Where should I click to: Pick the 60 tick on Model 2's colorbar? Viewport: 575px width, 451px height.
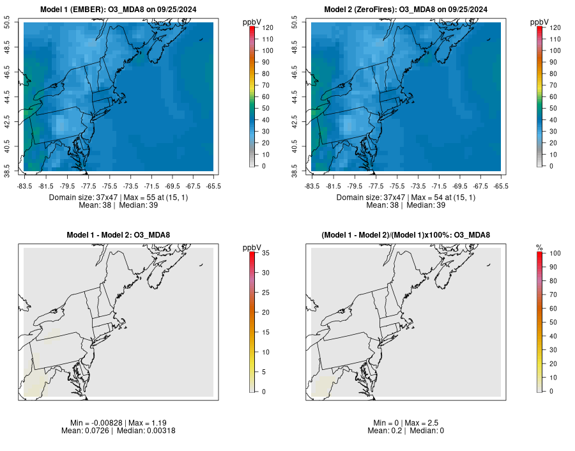552,96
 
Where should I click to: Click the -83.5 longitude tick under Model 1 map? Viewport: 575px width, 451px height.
24,187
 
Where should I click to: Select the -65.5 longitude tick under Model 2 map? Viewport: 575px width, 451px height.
501,187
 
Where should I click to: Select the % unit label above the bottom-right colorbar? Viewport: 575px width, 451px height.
539,247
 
